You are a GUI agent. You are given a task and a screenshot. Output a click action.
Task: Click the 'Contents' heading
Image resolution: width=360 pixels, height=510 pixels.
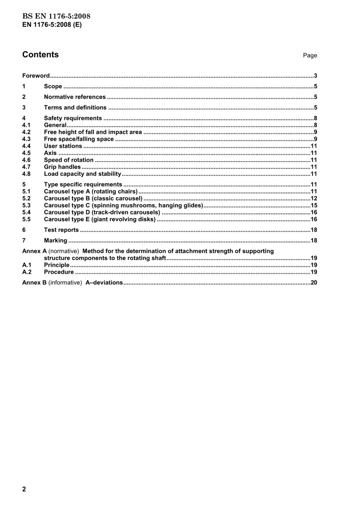tap(40, 55)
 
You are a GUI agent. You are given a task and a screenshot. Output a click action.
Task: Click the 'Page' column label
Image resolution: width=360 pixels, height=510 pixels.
tap(310, 55)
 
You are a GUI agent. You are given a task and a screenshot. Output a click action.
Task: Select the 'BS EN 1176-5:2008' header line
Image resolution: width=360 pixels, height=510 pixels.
tap(56, 16)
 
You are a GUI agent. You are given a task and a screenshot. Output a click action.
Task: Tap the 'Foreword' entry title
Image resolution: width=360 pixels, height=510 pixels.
tap(36, 76)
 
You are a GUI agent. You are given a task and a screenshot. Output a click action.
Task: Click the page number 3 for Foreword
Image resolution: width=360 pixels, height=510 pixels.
tap(315, 76)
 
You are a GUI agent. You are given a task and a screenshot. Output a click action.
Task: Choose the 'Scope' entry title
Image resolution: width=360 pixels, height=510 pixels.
tap(53, 86)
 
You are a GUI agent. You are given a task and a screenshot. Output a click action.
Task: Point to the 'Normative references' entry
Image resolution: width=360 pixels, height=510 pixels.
tap(75, 97)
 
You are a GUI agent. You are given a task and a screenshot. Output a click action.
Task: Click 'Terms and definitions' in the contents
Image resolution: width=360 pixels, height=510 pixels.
tap(75, 108)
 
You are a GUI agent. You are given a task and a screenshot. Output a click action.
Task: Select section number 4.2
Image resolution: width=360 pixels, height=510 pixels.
tap(26, 132)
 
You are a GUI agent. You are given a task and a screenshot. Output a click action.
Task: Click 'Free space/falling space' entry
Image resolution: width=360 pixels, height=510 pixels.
tap(79, 139)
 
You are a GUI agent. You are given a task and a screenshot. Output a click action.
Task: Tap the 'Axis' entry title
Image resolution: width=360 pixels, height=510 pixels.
tap(50, 153)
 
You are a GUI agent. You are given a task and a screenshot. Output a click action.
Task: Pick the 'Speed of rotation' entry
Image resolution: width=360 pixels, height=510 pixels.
tap(69, 160)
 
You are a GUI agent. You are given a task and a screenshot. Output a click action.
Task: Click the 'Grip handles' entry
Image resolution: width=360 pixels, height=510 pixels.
tap(62, 167)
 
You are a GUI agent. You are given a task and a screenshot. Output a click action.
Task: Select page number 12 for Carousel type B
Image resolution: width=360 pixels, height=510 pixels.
tap(314, 198)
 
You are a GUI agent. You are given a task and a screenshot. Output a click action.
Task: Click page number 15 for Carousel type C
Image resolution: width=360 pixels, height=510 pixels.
tap(314, 206)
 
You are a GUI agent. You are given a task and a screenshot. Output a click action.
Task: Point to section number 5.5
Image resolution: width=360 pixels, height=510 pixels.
tap(26, 220)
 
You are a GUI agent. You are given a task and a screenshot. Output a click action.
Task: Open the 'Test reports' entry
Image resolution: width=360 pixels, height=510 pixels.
tap(61, 230)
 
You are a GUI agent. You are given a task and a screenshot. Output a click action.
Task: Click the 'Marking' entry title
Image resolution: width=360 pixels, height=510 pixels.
tap(55, 241)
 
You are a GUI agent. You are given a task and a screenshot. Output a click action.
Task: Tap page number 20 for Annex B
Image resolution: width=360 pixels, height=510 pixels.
tap(314, 282)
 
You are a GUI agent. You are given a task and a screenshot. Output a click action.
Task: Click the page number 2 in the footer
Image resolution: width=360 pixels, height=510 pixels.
tap(24, 489)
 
